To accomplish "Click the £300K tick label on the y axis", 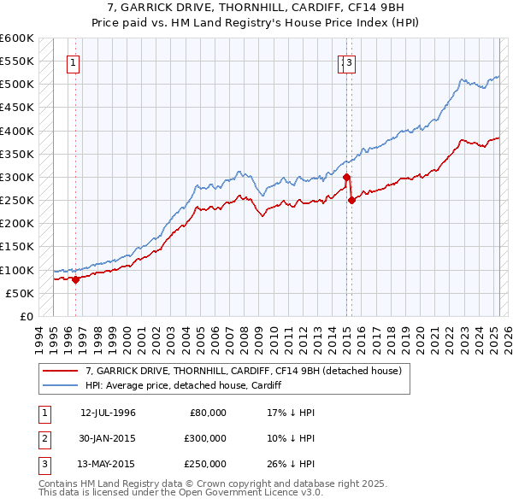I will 17,177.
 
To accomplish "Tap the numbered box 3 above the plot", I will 351,62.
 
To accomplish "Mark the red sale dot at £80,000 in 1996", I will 75,279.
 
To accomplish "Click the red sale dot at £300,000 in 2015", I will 346,178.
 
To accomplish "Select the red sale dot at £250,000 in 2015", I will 351,201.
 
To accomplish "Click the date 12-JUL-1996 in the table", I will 108,413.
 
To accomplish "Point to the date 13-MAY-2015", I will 108,464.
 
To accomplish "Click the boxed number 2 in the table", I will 44,438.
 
